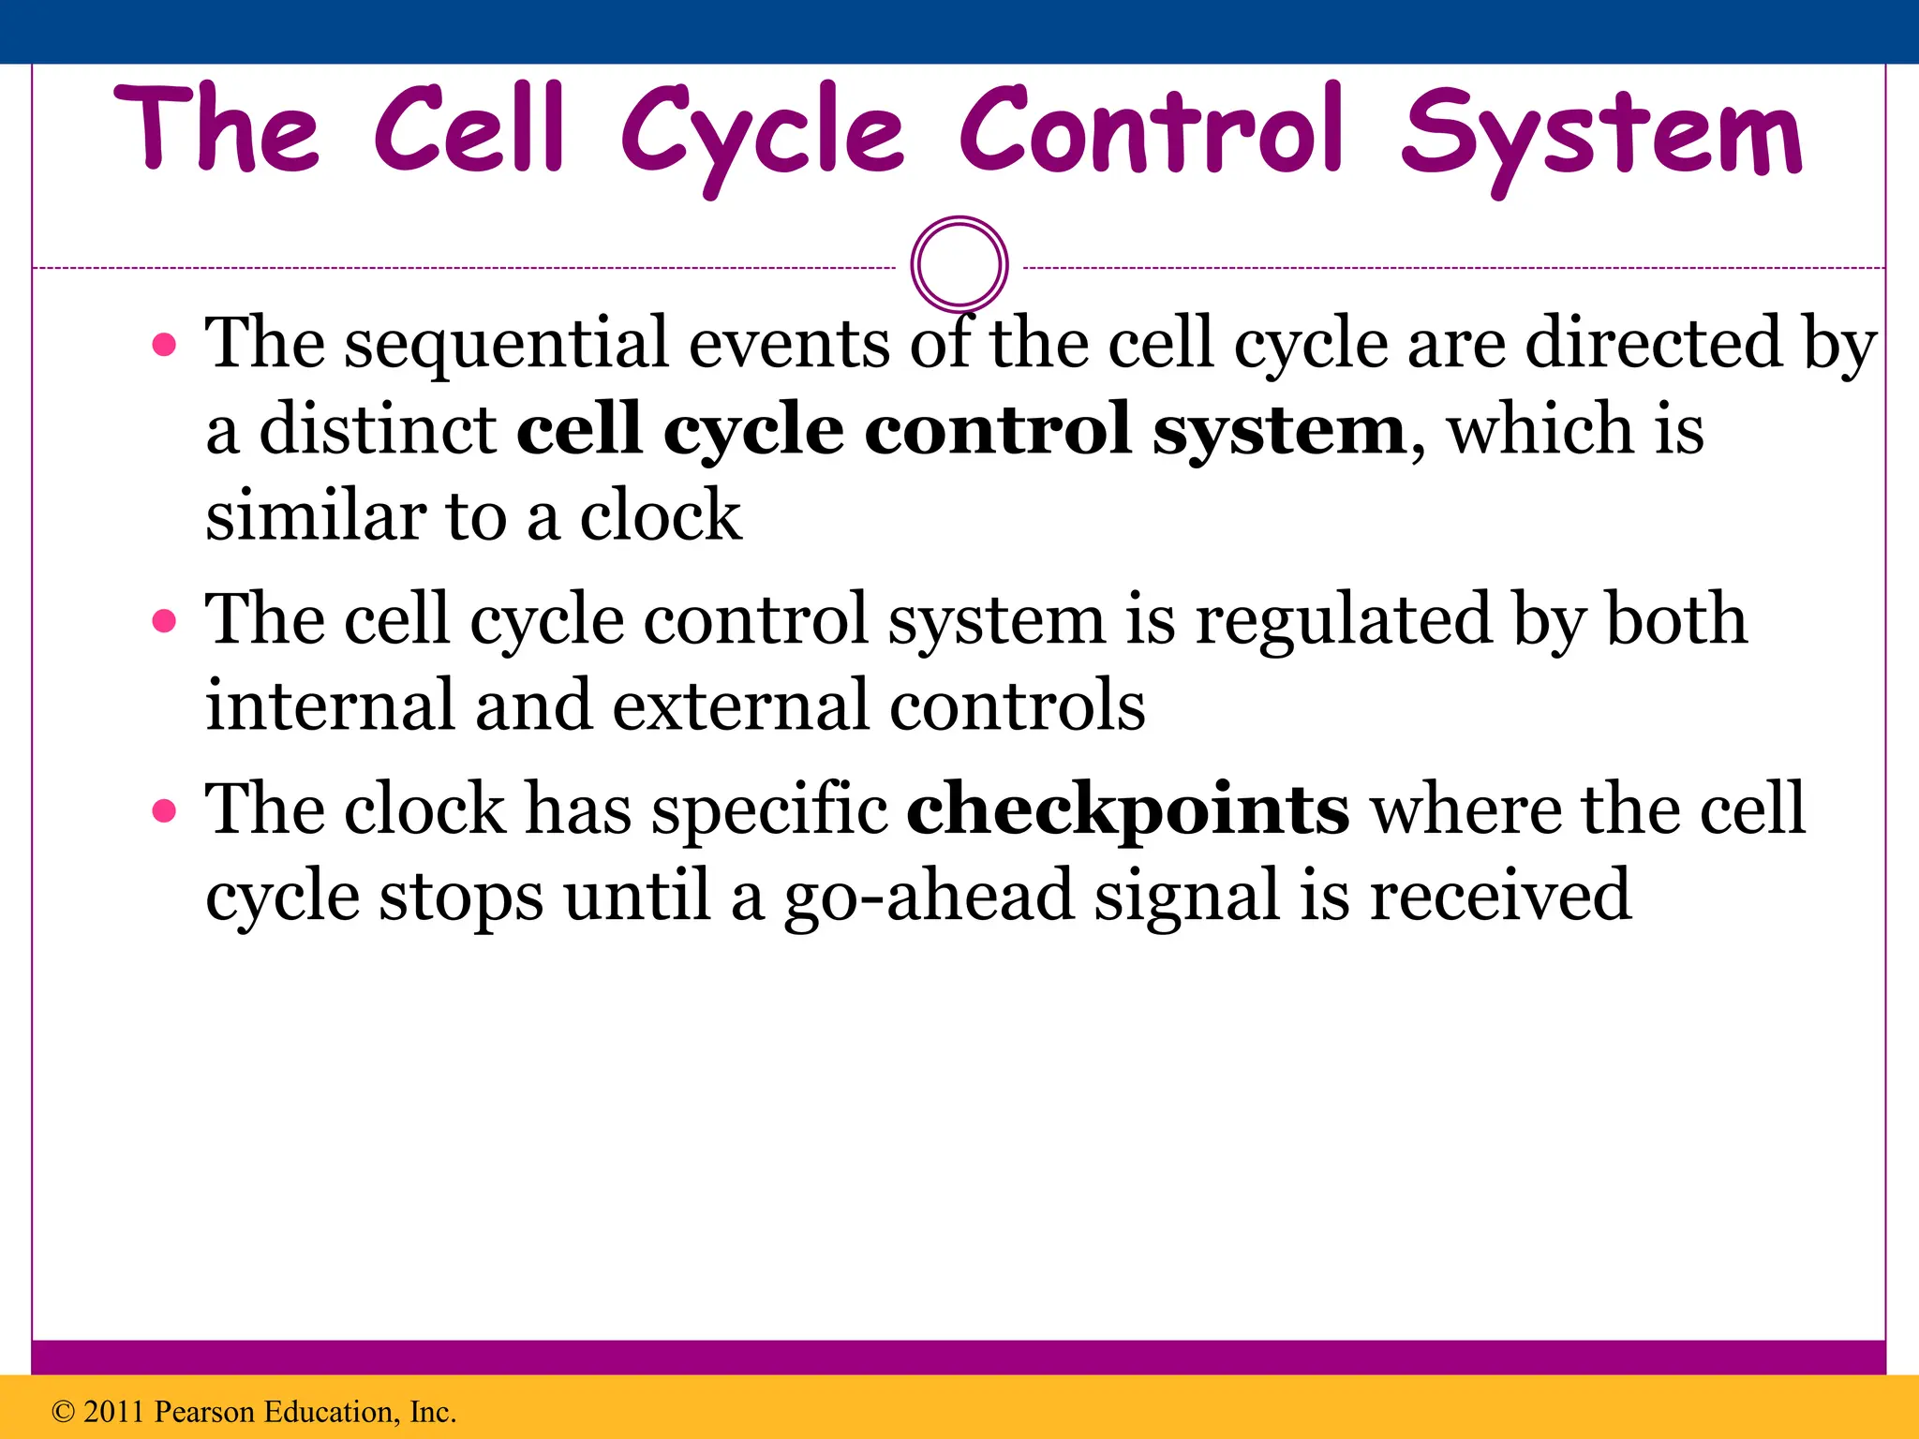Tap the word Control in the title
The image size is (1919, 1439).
(1153, 131)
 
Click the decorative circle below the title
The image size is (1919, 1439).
(959, 264)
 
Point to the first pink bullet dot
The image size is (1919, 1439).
(164, 346)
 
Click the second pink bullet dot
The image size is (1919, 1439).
(164, 621)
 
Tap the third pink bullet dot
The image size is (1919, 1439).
(164, 810)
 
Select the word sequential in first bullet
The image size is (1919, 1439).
(506, 345)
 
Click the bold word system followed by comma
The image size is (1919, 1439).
(1279, 431)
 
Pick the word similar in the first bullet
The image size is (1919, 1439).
(315, 516)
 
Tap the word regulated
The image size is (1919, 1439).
(1343, 620)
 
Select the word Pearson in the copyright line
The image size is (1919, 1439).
(203, 1412)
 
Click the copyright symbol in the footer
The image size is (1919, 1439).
(63, 1412)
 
